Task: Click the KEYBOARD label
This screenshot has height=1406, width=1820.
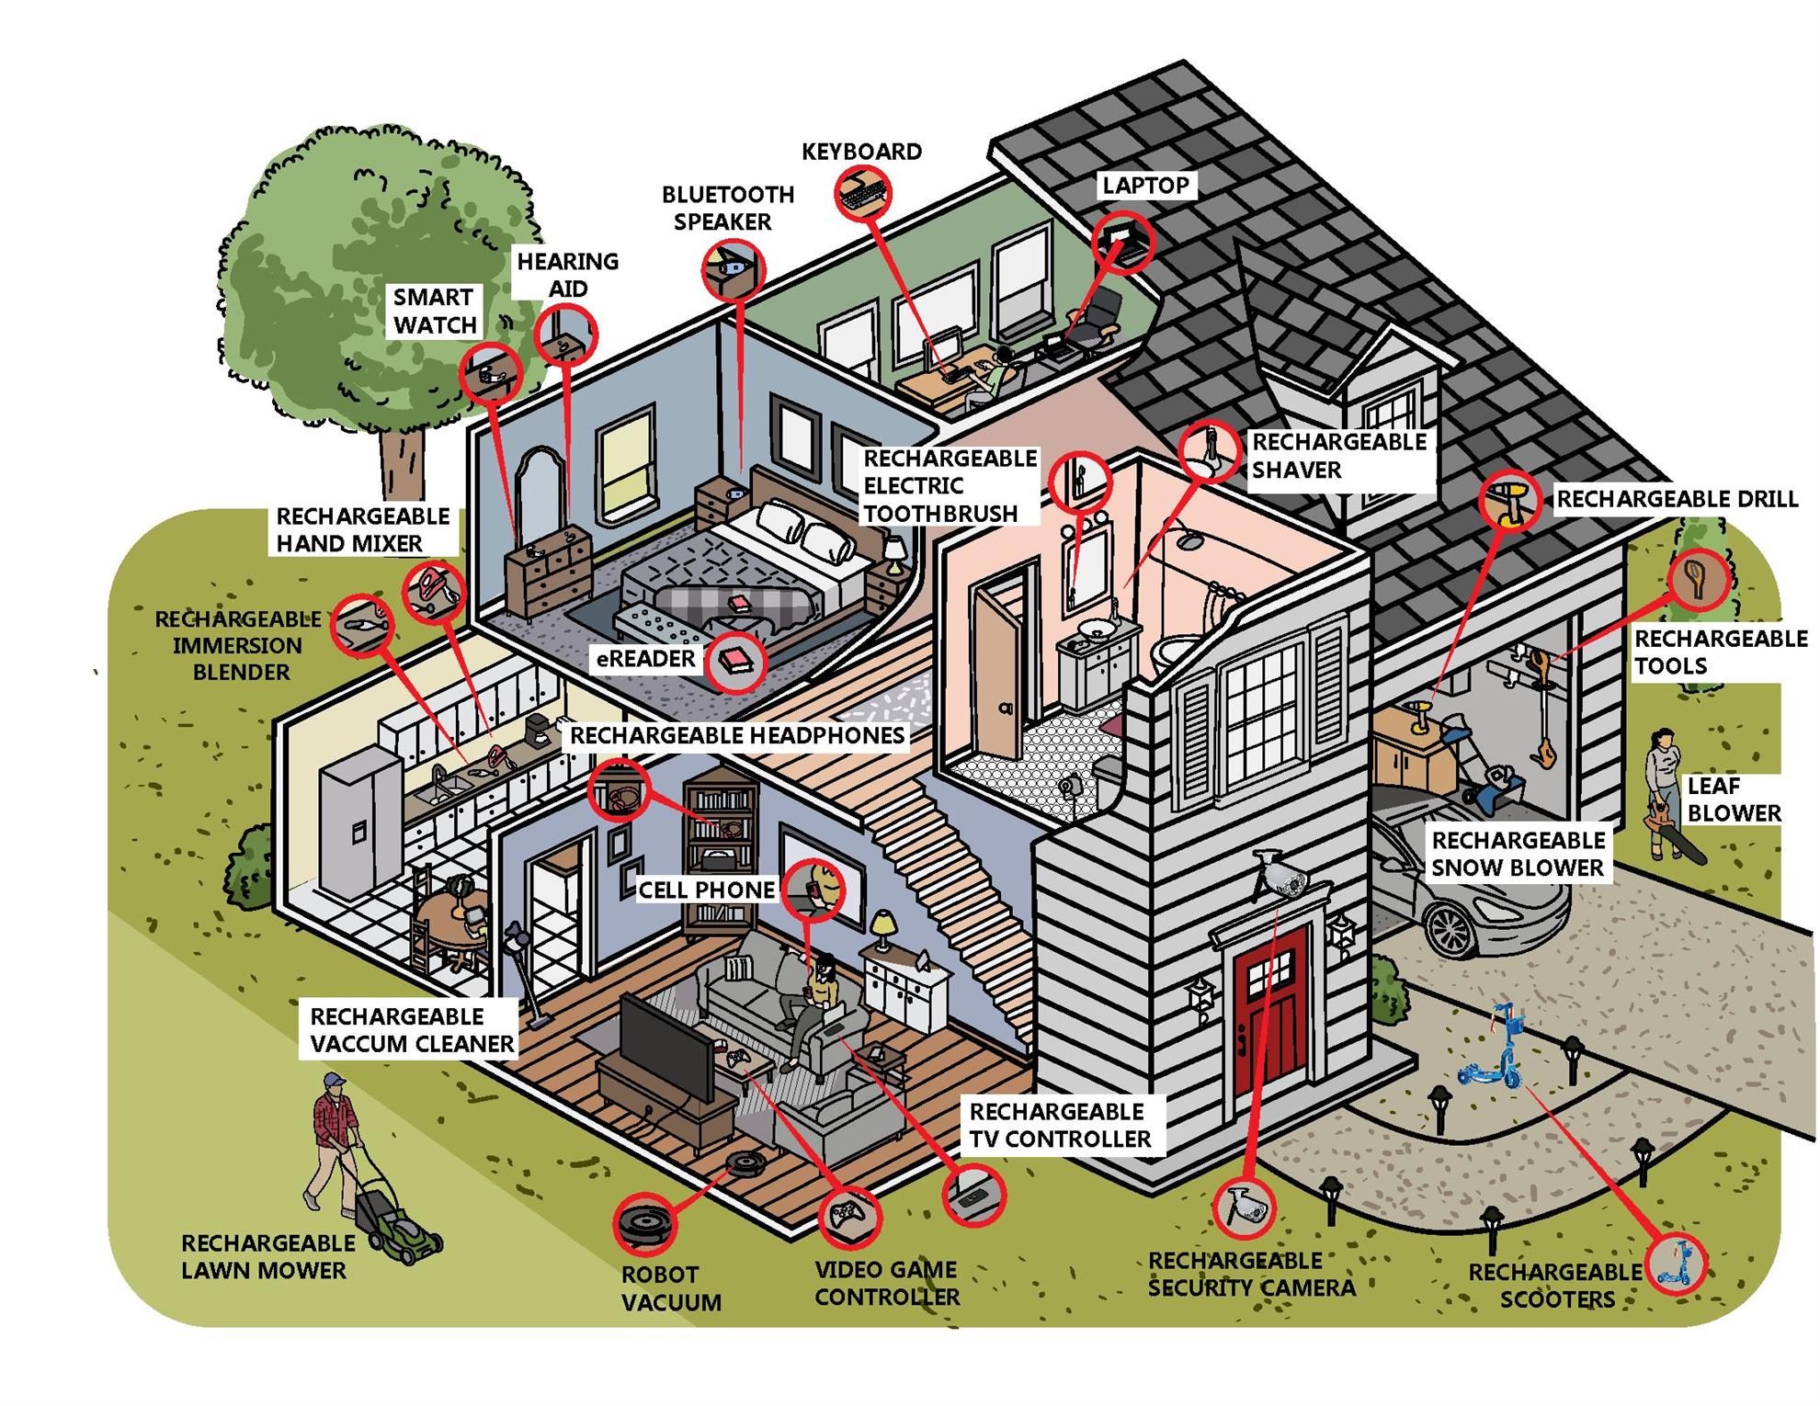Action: (x=861, y=152)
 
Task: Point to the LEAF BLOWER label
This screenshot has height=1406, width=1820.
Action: (x=1734, y=799)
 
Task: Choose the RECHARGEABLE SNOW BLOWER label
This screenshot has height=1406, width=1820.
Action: (x=1518, y=854)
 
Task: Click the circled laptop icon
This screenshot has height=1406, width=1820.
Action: (x=1123, y=242)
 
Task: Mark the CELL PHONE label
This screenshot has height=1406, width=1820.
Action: (x=706, y=890)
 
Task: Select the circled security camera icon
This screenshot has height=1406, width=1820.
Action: (x=1244, y=1206)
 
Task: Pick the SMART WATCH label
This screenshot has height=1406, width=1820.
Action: (x=434, y=312)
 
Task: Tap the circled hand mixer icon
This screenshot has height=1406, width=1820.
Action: (x=433, y=592)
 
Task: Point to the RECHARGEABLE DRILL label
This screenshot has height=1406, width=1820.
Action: (x=1677, y=499)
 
